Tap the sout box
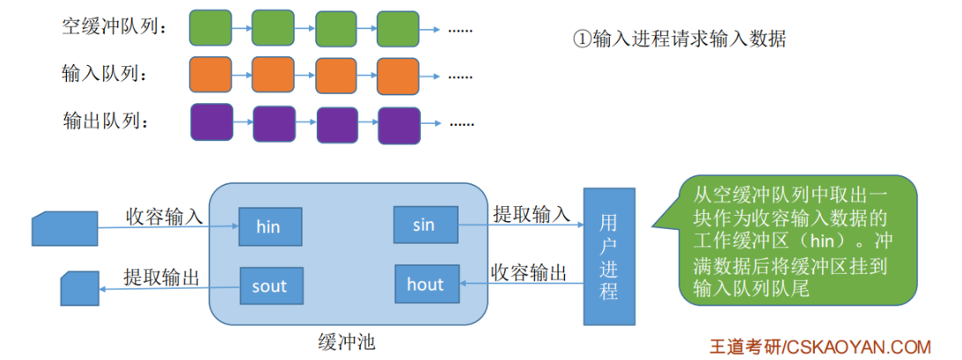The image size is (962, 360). [270, 286]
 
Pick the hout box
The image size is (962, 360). [426, 283]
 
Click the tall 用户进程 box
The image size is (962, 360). [608, 255]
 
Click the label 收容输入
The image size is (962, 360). [164, 215]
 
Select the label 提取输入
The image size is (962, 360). [531, 213]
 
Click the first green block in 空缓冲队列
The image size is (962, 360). [210, 28]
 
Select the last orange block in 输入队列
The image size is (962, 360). [399, 75]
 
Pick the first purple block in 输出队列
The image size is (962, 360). [211, 121]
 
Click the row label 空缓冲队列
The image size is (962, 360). [114, 27]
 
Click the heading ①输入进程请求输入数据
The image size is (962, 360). [679, 39]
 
